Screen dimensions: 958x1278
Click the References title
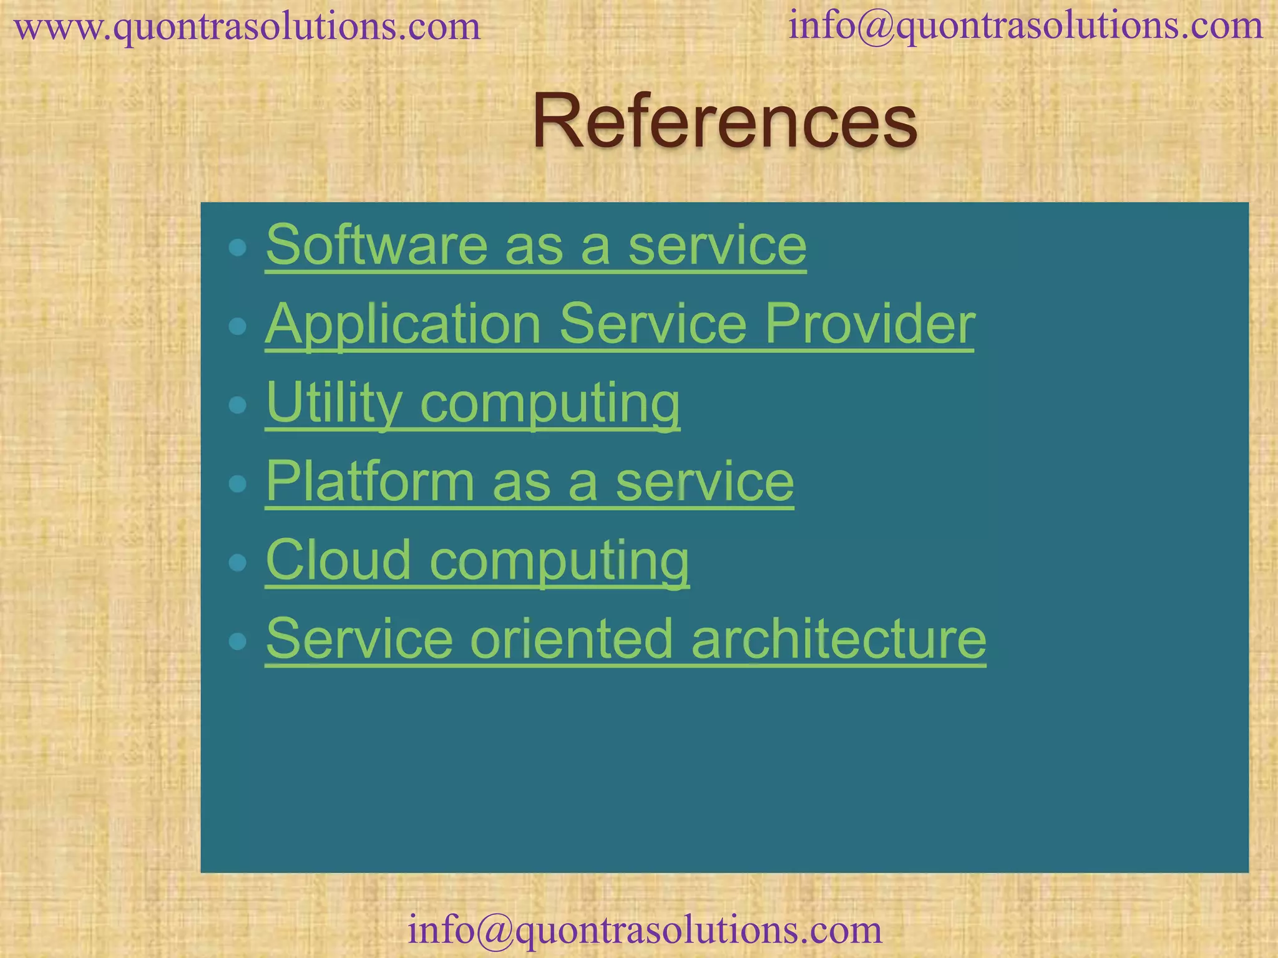(x=724, y=121)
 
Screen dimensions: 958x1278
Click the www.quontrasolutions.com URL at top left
(x=247, y=27)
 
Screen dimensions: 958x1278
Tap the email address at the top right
(x=1025, y=26)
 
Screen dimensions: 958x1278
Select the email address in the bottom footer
(x=645, y=929)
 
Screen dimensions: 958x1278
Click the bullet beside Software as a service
(x=237, y=248)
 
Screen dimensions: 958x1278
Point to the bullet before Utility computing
(x=237, y=405)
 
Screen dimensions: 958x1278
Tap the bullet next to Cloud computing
(x=237, y=563)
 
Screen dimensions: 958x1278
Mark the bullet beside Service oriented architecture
(x=237, y=641)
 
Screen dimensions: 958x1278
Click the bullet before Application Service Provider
(x=237, y=326)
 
